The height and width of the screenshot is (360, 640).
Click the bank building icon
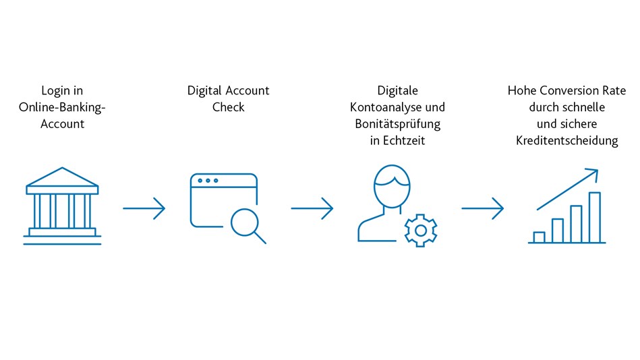click(x=62, y=206)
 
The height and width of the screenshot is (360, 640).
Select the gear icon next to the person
click(x=421, y=231)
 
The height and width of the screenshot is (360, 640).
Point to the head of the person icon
click(x=392, y=186)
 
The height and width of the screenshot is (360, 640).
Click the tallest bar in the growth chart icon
click(x=595, y=218)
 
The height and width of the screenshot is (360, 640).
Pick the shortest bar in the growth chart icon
click(x=540, y=237)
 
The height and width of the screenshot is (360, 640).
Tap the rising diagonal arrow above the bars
click(x=568, y=189)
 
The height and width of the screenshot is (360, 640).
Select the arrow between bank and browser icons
click(x=144, y=208)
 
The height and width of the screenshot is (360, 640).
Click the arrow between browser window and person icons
click(x=312, y=208)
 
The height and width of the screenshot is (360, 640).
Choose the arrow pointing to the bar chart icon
click(x=483, y=208)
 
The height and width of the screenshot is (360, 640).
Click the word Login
click(x=55, y=91)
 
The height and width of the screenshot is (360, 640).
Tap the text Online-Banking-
click(x=62, y=107)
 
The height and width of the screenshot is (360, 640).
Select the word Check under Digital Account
click(x=228, y=107)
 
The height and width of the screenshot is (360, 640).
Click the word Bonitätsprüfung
click(x=397, y=124)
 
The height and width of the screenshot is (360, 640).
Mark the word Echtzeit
click(x=404, y=140)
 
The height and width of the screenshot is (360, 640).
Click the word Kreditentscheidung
click(x=567, y=141)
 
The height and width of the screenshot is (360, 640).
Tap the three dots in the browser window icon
click(x=208, y=181)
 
